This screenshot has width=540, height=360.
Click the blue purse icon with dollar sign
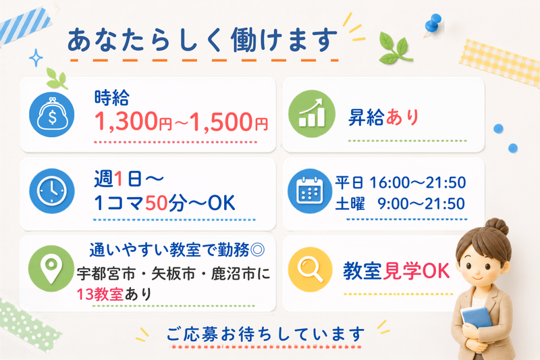[52, 114]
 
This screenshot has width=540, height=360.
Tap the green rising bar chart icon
[312, 113]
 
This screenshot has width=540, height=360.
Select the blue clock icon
[52, 191]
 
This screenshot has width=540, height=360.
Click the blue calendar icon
[310, 191]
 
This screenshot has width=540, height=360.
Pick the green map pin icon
[51, 268]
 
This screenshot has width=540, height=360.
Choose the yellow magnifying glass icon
[310, 269]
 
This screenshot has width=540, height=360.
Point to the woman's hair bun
[496, 226]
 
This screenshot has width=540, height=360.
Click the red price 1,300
[126, 122]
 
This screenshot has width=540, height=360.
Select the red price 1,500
[221, 122]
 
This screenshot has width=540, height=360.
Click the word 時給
[112, 97]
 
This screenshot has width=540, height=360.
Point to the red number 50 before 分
[157, 203]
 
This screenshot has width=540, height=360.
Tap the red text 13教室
[100, 294]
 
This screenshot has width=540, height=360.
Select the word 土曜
[350, 203]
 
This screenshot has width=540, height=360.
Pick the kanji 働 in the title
[244, 41]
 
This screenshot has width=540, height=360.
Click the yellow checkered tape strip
[500, 63]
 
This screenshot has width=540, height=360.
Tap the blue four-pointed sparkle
[36, 57]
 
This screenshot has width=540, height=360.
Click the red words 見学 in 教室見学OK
[402, 271]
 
